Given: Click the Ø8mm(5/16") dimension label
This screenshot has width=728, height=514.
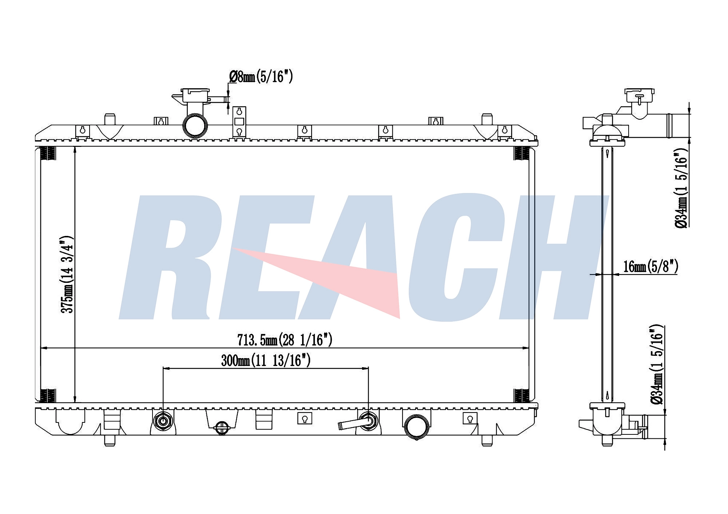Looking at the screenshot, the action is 261,76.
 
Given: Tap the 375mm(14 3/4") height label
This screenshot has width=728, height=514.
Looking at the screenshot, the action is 67,274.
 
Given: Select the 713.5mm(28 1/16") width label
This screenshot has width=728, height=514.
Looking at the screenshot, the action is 285,340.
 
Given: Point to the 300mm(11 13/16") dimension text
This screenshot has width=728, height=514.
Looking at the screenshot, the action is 266,360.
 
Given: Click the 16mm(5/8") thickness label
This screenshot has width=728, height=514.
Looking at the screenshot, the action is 651,266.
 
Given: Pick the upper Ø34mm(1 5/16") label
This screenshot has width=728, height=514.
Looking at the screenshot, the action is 681,188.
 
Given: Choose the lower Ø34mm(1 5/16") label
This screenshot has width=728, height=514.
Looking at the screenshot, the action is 657,364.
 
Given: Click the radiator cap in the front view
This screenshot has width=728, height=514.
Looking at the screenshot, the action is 195,95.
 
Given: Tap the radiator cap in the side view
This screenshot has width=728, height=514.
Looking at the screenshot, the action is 639,95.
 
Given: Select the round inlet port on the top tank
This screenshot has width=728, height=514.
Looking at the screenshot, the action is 195,126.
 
